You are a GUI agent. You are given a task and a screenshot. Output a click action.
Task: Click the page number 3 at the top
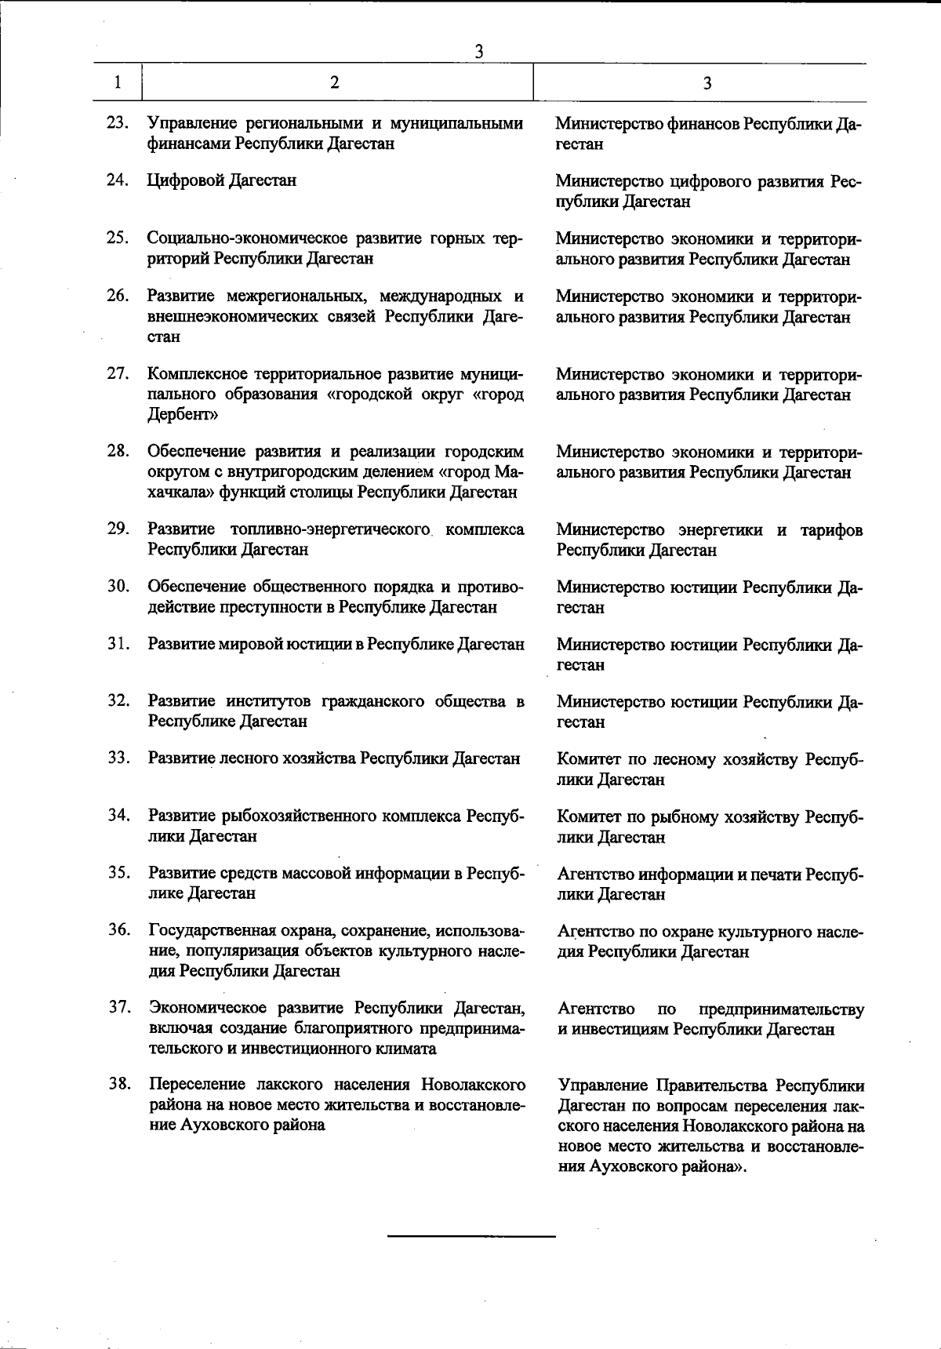point(478,51)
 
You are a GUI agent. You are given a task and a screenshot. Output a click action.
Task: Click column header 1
point(118,82)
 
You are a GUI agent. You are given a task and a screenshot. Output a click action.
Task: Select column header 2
point(335,82)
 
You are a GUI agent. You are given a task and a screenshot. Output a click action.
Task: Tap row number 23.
point(118,123)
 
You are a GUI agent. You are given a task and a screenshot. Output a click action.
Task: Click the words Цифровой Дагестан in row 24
point(223,180)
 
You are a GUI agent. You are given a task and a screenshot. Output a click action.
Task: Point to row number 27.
point(118,373)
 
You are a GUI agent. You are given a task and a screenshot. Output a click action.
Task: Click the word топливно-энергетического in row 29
point(332,529)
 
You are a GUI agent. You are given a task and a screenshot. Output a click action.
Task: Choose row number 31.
point(118,644)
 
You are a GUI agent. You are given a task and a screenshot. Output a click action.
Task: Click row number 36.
point(118,930)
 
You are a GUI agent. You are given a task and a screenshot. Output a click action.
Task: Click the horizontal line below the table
point(471,1237)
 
